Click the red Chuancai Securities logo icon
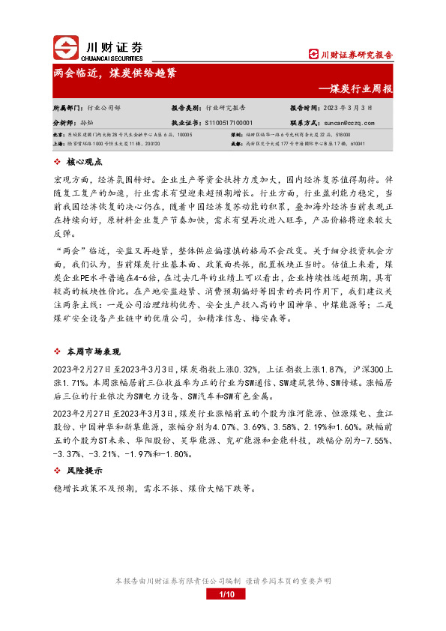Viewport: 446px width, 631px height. pos(66,48)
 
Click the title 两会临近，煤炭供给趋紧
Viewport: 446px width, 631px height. pos(115,74)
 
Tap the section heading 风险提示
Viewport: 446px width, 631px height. pos(84,471)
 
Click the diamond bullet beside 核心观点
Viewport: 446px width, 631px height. pos(58,162)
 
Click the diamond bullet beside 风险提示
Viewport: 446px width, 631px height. pos(58,471)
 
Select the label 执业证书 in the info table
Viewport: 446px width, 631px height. pos(186,121)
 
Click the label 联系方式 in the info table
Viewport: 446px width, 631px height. pos(305,121)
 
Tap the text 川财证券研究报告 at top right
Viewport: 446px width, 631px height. pos(356,55)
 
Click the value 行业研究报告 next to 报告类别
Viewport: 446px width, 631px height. pos(230,108)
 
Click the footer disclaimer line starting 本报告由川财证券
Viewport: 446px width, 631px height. pos(223,581)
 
